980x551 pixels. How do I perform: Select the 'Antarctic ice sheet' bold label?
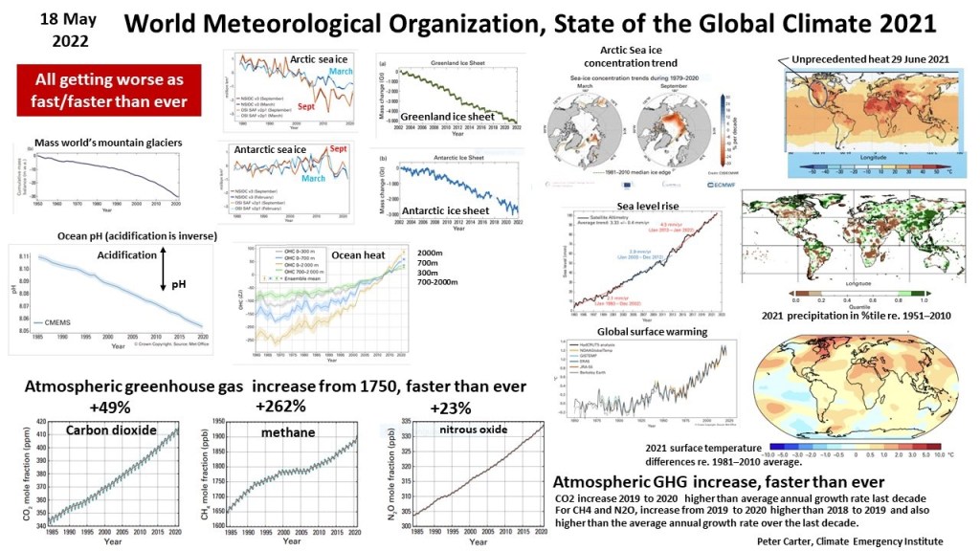(x=446, y=210)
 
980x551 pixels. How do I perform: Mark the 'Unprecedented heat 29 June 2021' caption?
(x=871, y=59)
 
